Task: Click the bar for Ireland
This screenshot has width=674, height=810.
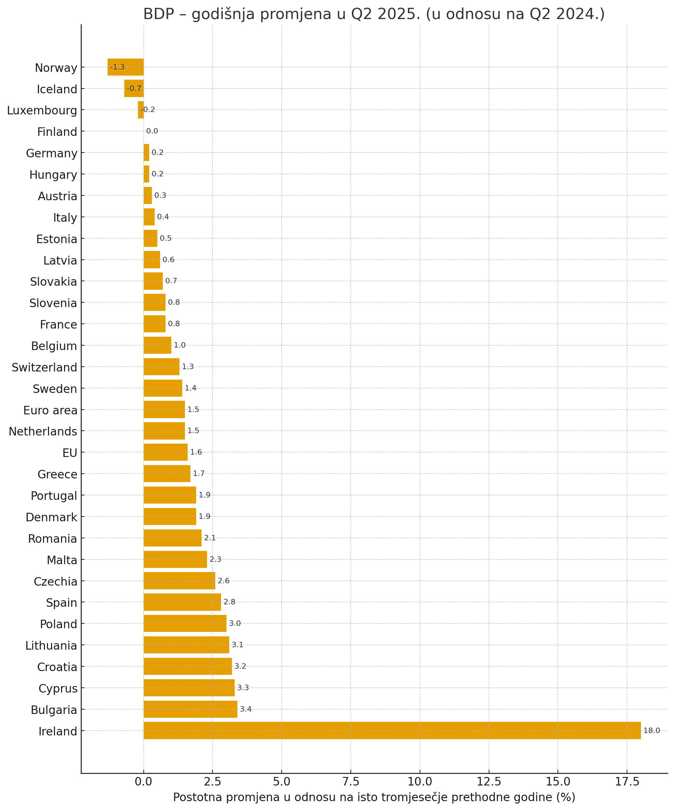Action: click(392, 731)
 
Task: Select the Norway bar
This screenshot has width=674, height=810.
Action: click(126, 67)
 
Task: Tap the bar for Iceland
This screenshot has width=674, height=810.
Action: click(134, 88)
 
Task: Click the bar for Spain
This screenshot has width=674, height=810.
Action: click(182, 602)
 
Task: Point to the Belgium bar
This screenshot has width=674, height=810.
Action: click(157, 345)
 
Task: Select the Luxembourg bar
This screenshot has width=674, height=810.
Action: click(141, 110)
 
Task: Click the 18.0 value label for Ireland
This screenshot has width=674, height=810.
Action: click(652, 731)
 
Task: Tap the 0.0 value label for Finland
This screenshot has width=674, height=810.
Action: click(152, 131)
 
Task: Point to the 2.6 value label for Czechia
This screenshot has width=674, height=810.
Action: click(223, 581)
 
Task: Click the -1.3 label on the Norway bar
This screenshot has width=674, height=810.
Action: click(117, 67)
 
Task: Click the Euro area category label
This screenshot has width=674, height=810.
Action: click(50, 410)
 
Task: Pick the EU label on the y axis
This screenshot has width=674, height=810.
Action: click(70, 453)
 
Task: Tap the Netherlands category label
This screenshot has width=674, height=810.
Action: click(43, 431)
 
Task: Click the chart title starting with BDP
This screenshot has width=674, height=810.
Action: click(374, 14)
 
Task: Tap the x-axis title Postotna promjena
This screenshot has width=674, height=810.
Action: click(374, 797)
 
